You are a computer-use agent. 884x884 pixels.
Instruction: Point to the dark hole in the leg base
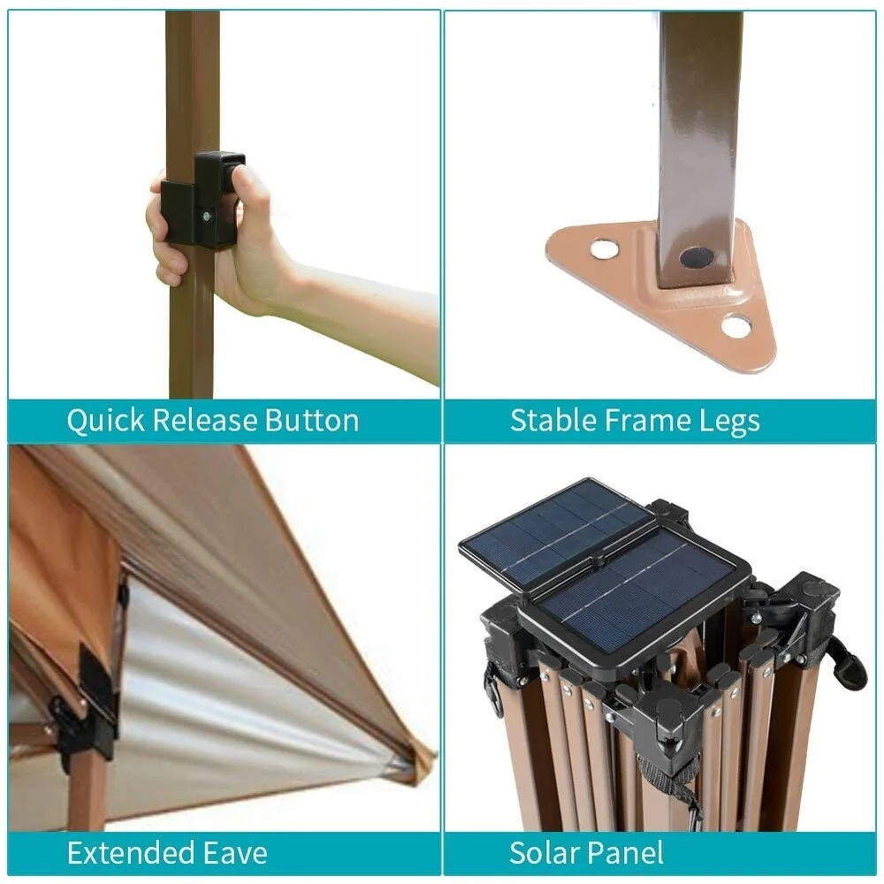[697, 257]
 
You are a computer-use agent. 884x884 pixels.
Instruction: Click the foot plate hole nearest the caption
[737, 325]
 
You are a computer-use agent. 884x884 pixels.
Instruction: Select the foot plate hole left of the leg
[603, 248]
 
